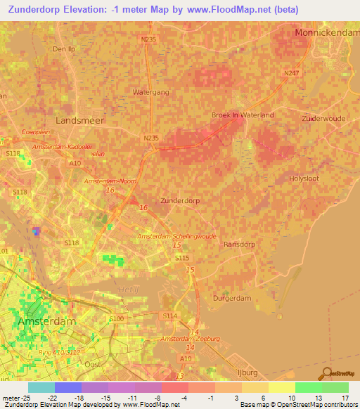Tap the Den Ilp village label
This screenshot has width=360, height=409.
click(63, 49)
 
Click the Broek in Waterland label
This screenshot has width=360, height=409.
click(243, 115)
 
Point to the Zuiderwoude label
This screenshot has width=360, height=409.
click(323, 119)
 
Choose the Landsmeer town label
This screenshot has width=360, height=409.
click(79, 120)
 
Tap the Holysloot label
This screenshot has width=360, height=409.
click(304, 178)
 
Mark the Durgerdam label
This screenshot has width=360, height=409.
click(231, 298)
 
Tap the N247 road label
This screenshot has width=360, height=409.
click(290, 73)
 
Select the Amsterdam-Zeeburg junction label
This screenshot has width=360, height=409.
click(190, 339)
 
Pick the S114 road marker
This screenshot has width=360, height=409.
click(169, 316)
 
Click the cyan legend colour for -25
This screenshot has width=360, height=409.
click(41, 387)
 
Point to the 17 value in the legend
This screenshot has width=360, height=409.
click(346, 397)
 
